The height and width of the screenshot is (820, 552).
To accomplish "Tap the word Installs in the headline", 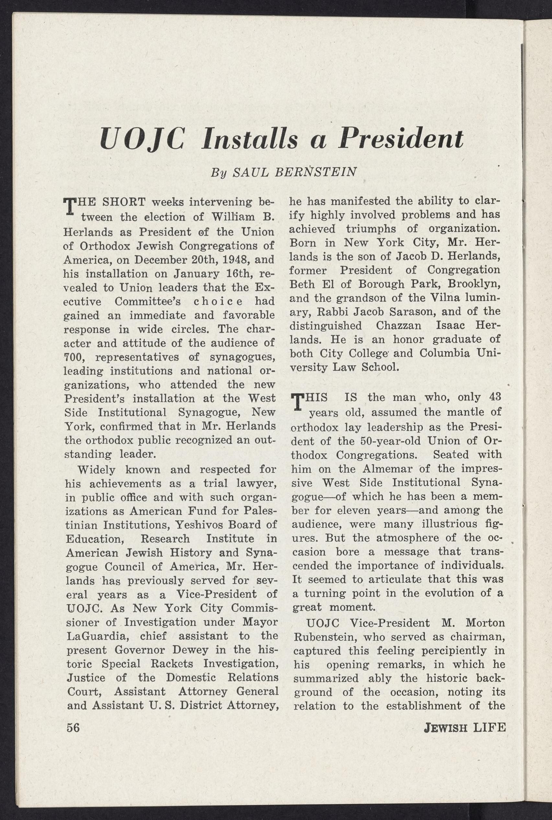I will [x=248, y=139].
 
